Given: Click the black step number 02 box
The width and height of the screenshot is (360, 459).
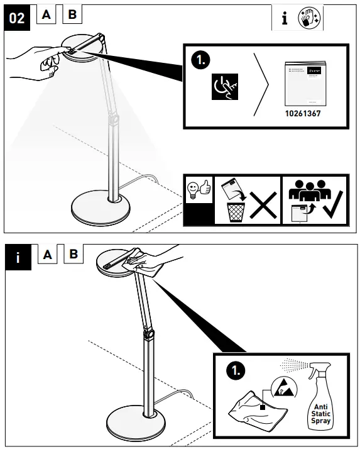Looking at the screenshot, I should pos(18,18).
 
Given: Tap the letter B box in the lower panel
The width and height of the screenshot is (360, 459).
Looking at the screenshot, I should pos(73,255).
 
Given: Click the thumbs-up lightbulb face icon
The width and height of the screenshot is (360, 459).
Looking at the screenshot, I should pos(199,189).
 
